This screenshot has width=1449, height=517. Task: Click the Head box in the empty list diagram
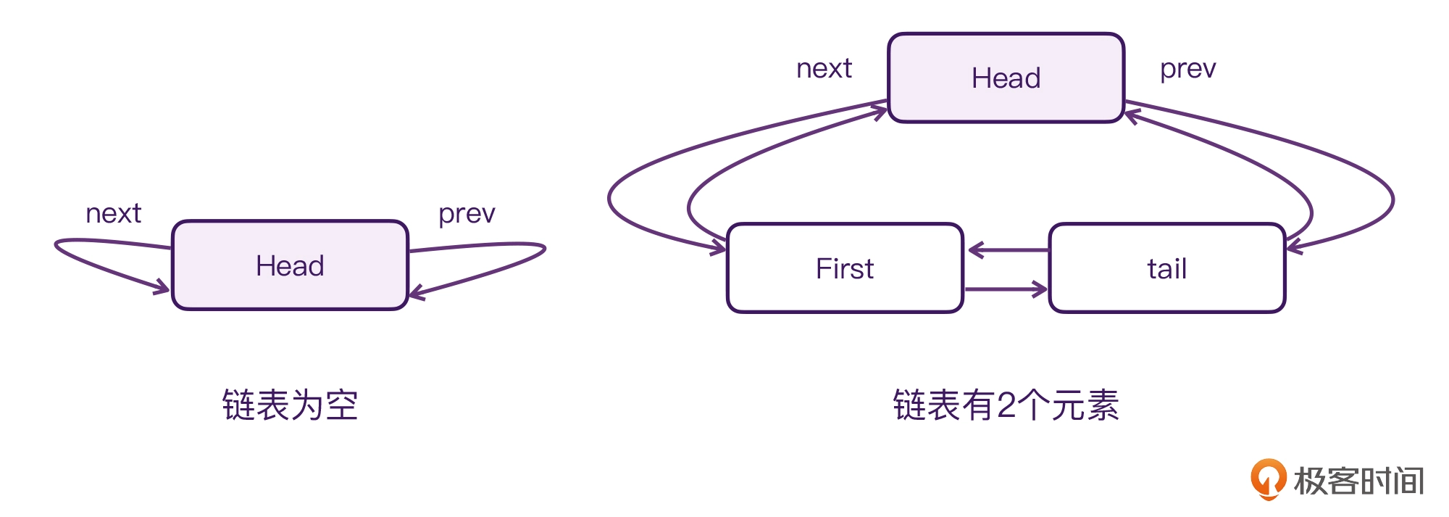click(290, 265)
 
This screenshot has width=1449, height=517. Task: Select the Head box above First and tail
click(1006, 78)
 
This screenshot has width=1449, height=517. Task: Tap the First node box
click(845, 268)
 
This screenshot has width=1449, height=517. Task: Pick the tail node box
click(1167, 268)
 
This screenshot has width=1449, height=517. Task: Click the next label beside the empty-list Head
click(113, 214)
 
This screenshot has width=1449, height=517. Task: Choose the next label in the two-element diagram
click(824, 69)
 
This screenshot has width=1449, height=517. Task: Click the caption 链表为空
click(290, 405)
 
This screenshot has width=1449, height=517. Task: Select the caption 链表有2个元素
click(1006, 405)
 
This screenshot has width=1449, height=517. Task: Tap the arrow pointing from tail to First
click(1009, 250)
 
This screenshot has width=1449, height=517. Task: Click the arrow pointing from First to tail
click(1006, 289)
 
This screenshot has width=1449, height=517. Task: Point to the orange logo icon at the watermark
click(1268, 479)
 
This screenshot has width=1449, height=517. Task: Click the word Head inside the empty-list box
click(290, 266)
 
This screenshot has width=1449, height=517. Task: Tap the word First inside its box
click(845, 269)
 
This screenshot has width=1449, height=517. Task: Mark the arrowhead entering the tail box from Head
click(1295, 247)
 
